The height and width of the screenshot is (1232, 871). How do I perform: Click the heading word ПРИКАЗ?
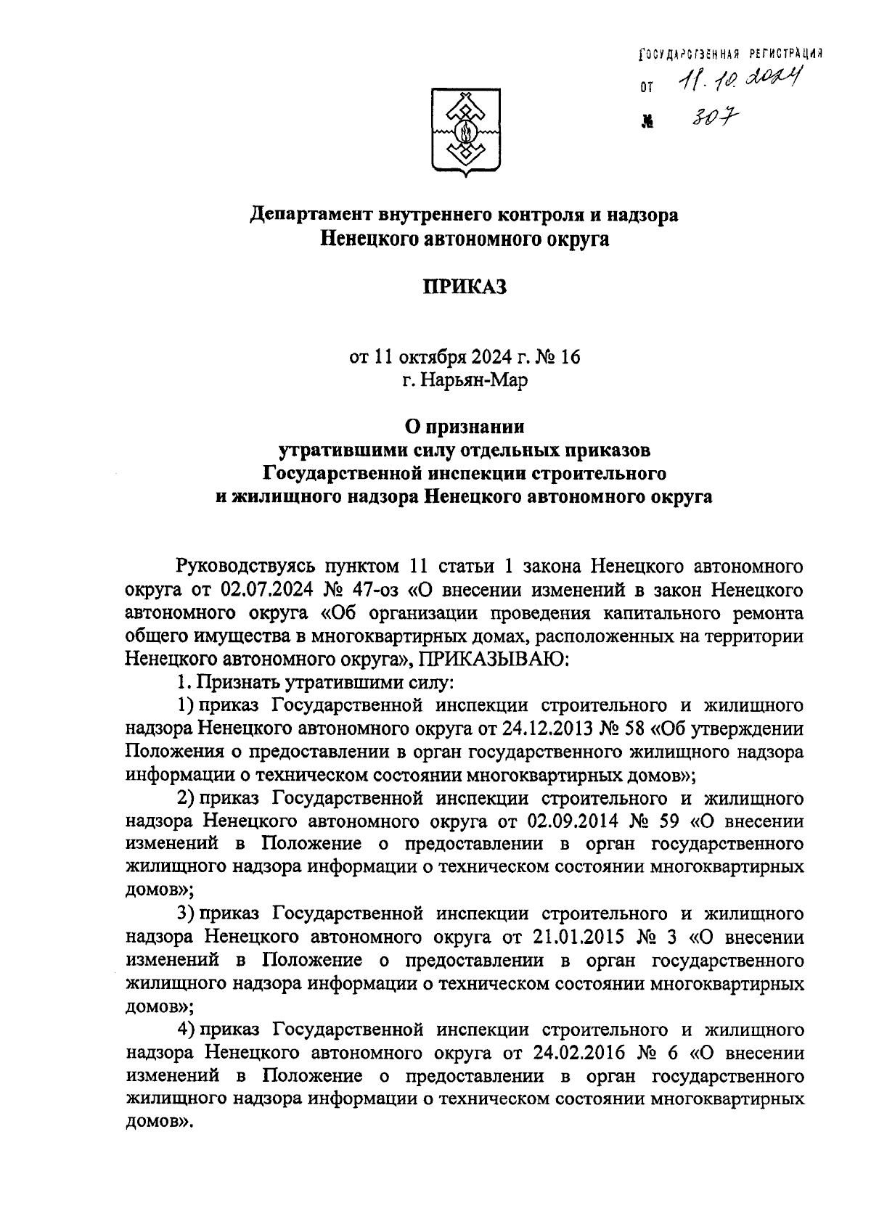pyautogui.click(x=464, y=287)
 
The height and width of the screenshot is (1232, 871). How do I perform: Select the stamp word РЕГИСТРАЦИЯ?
pyautogui.click(x=783, y=54)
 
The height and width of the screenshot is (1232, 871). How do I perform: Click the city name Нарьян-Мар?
pyautogui.click(x=465, y=379)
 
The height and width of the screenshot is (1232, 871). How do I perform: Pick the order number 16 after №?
pyautogui.click(x=570, y=357)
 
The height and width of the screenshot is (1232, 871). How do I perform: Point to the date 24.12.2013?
pyautogui.click(x=563, y=728)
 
